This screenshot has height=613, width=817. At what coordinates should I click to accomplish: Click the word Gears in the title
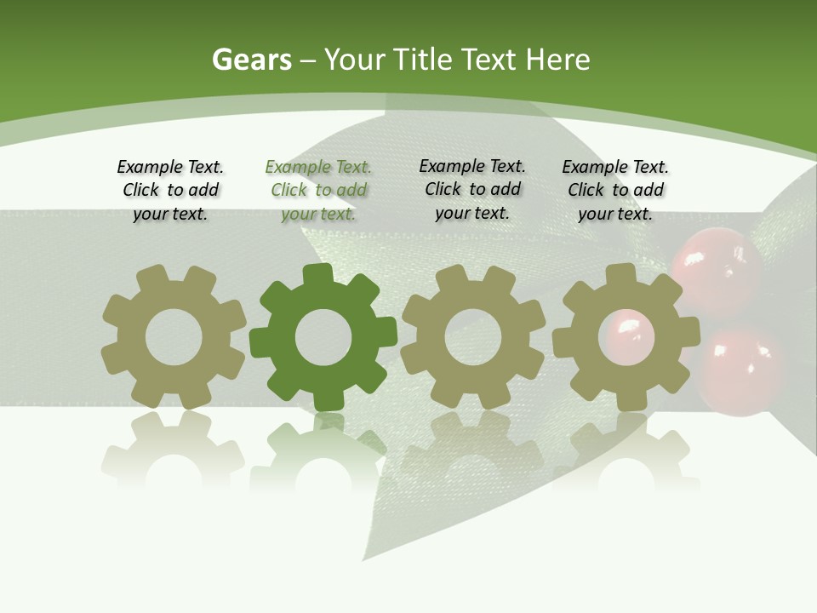coord(252,60)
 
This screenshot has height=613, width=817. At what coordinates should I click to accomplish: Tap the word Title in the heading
coord(421,60)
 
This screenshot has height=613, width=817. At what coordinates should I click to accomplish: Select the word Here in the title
coord(557,60)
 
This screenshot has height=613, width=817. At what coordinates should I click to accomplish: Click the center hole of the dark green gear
coord(323,337)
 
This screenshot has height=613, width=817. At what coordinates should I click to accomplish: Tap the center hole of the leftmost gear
coord(174,337)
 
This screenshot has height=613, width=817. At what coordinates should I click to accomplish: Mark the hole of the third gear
coord(472,337)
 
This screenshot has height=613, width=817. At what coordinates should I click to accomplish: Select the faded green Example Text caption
coord(318,190)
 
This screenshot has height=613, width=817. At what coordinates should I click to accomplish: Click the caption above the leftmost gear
coord(170,190)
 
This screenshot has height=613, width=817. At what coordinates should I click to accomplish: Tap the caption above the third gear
coord(472,189)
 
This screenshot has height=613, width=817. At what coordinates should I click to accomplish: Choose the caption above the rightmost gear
coord(615,190)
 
